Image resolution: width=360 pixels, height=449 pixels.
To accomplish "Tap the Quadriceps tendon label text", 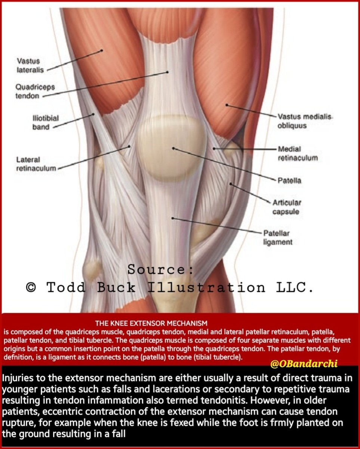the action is pos(35,91).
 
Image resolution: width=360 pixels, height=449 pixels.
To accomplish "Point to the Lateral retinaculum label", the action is pos(36,164).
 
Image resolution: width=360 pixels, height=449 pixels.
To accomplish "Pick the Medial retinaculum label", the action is pos(298,153).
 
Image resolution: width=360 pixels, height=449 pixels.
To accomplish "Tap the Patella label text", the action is pos(289,181).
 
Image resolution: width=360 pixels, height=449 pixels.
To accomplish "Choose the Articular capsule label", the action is pos(292,207).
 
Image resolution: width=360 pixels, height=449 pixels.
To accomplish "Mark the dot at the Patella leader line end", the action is pos(173,148).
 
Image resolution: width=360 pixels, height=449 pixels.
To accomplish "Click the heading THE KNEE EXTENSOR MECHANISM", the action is pos(151,322).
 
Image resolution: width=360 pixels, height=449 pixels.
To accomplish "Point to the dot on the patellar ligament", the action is pos(172,218).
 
